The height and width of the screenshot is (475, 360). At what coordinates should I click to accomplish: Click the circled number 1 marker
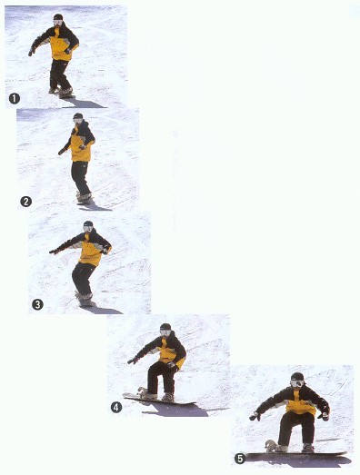click(15, 99)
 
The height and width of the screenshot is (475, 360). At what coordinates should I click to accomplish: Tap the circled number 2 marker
click(25, 202)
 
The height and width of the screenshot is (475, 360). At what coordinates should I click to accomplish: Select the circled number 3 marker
click(37, 304)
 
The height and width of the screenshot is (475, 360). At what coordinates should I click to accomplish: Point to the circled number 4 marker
click(116, 408)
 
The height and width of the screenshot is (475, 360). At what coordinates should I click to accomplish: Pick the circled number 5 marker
click(240, 459)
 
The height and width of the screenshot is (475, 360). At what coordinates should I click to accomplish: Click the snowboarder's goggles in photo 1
click(57, 22)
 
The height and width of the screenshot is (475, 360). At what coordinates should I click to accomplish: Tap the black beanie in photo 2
click(78, 115)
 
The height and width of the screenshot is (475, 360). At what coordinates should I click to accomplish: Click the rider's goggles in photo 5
click(297, 383)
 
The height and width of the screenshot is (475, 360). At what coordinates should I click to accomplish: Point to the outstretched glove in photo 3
click(54, 252)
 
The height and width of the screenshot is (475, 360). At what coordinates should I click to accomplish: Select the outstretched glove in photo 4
click(133, 361)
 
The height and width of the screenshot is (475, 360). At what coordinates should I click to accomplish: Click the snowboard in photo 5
click(295, 453)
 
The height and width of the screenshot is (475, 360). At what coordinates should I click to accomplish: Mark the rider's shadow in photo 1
click(85, 104)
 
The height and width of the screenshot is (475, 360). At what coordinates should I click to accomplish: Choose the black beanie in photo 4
click(165, 327)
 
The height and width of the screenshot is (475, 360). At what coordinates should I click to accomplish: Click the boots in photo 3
click(85, 299)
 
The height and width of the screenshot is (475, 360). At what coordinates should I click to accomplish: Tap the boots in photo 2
click(84, 197)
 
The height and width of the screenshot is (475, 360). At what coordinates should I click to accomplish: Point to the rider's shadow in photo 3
click(103, 310)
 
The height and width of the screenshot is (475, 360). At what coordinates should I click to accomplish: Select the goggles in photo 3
click(88, 228)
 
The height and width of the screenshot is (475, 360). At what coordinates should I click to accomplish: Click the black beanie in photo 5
click(297, 377)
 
